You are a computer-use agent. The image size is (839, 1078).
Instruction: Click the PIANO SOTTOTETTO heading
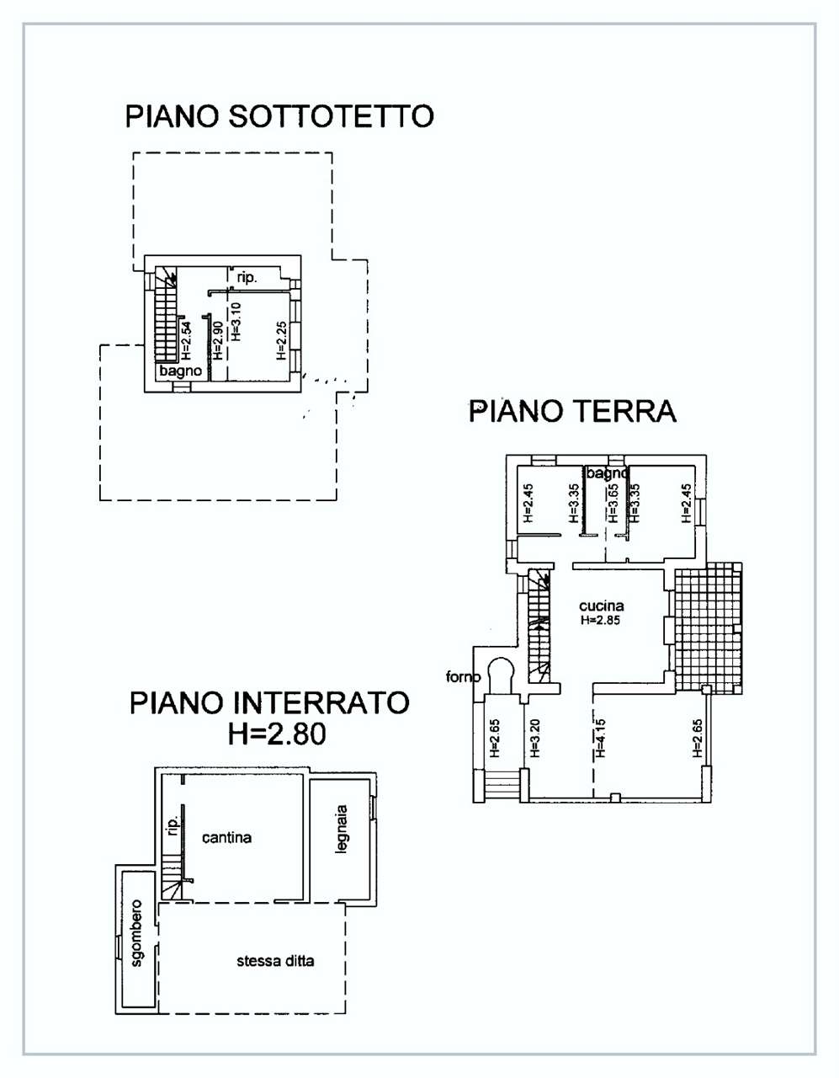coord(279,116)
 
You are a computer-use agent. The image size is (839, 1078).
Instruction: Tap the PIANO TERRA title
coord(572,411)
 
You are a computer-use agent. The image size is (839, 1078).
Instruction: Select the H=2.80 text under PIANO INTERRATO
coord(277,734)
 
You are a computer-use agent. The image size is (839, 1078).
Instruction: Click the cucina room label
coord(602,606)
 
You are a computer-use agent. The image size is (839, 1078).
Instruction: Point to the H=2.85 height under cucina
coord(601,620)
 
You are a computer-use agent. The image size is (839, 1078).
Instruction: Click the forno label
coord(463,676)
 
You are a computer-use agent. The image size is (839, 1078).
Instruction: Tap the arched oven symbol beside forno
coord(501,675)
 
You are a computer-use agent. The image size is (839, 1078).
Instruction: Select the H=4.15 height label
coord(600,739)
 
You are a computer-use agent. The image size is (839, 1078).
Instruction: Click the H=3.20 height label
coord(534,739)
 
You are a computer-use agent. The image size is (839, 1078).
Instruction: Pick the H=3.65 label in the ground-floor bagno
coord(613,503)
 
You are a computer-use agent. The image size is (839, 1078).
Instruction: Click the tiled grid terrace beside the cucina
coord(709,627)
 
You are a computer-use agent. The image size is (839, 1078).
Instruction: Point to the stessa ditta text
coord(275,961)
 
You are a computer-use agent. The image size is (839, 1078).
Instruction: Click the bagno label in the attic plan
coord(180,371)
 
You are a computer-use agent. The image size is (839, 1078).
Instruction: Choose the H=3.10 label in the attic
coord(236,322)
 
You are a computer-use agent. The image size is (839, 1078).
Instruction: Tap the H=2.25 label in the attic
coord(281,340)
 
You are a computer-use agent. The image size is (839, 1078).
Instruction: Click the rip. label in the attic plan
coord(247,278)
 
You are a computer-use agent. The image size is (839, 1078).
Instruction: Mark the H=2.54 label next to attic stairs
coord(185,341)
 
